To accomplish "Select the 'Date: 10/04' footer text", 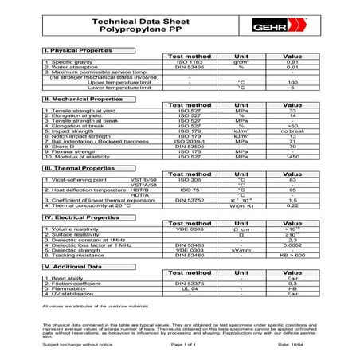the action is [x=294, y=344].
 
